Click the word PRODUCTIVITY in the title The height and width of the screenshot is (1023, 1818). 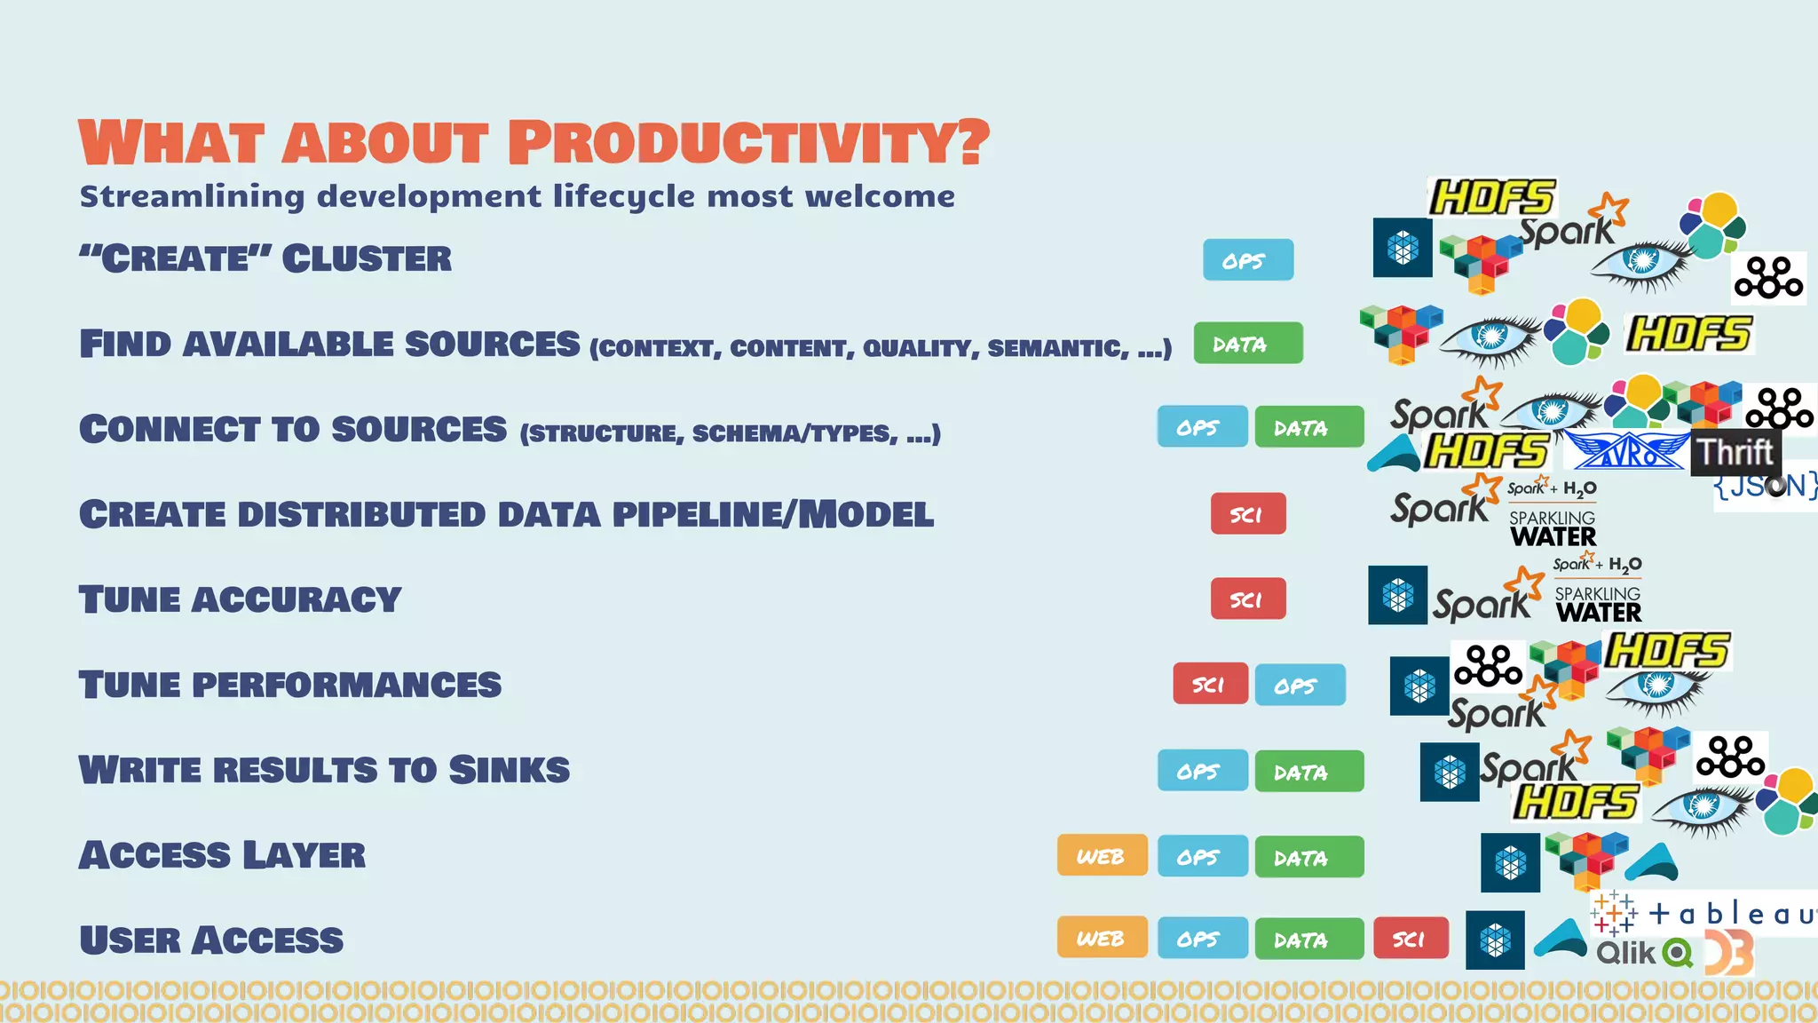point(747,143)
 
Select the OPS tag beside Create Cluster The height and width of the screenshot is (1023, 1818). point(1247,260)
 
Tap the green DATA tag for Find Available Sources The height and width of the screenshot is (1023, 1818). point(1247,344)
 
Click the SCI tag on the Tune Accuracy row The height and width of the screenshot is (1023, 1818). point(1247,599)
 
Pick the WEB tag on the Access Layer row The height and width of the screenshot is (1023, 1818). point(1102,856)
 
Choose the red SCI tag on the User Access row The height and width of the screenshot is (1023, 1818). point(1410,939)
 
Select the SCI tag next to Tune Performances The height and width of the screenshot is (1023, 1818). point(1210,685)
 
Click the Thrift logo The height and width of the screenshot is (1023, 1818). point(1735,452)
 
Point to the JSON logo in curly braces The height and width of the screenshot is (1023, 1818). point(1765,486)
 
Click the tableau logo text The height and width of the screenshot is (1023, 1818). point(1731,914)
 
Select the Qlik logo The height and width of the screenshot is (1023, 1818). point(1642,953)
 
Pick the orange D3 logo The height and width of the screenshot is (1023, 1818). point(1729,953)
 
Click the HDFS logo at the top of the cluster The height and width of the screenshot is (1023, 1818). point(1491,197)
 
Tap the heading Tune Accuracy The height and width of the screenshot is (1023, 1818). point(240,599)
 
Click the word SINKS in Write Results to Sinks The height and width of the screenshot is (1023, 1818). point(509,770)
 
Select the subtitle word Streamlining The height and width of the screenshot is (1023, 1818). point(192,196)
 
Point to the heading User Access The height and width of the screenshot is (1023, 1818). point(211,940)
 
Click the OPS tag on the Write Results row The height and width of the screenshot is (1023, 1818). point(1201,771)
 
